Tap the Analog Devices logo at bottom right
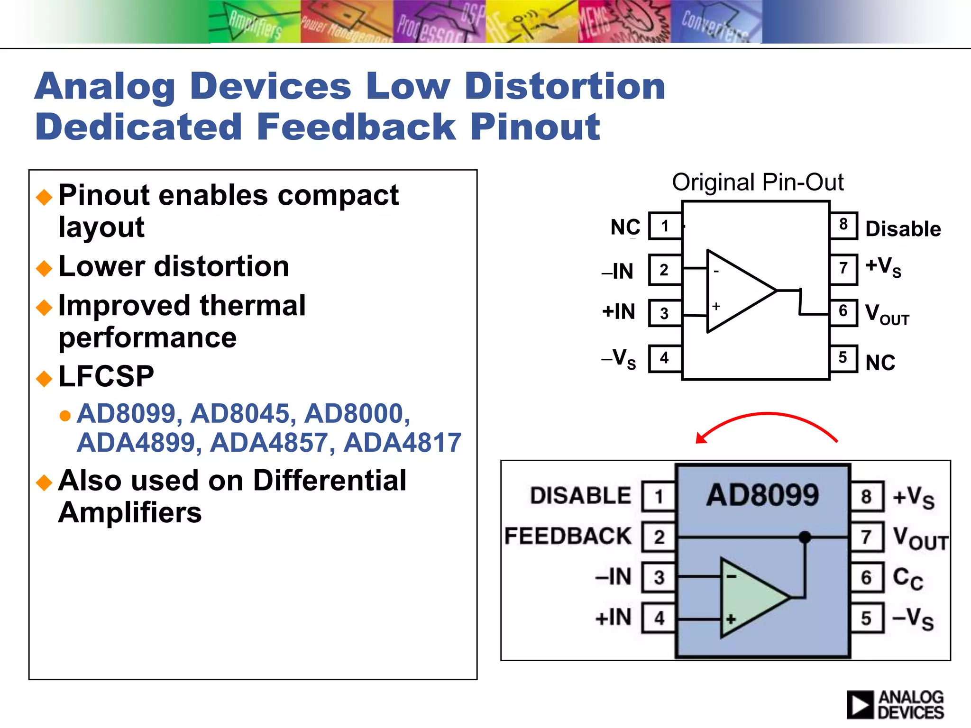895,705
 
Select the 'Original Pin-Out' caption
757,182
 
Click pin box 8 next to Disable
843,225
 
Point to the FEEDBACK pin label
568,537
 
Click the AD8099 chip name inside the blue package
762,495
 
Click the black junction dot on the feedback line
805,537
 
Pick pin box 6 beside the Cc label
866,577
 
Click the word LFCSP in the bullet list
106,376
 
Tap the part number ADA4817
402,443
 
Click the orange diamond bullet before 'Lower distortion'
44,268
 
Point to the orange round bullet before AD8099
65,416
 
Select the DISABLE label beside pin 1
580,496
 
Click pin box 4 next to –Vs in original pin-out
664,358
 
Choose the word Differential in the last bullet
330,481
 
